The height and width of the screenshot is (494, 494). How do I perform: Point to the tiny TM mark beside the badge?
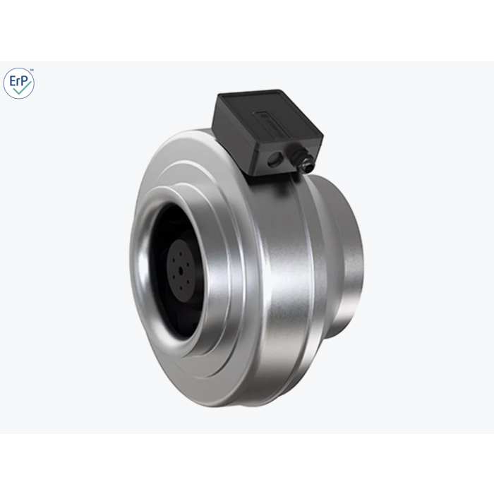(x=31, y=71)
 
